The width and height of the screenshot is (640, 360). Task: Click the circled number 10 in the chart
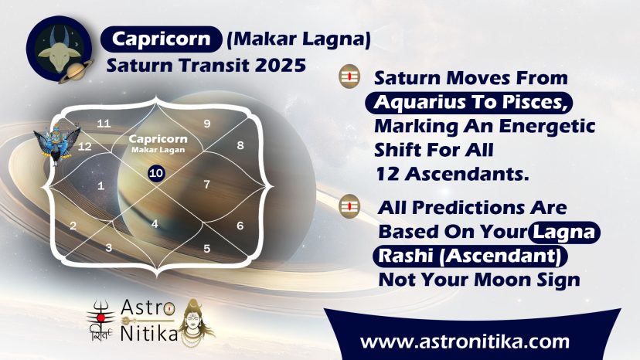(x=156, y=173)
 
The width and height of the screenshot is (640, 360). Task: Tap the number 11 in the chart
(x=104, y=124)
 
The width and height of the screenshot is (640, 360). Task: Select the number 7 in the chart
(x=207, y=185)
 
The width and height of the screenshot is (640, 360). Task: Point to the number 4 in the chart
(x=155, y=224)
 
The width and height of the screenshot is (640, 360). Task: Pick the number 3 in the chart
(x=108, y=248)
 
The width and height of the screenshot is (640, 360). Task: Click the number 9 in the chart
(x=207, y=124)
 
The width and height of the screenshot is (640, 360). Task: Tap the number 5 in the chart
(x=207, y=249)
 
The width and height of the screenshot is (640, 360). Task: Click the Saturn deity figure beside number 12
(x=56, y=143)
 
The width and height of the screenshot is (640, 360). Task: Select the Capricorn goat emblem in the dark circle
(x=60, y=49)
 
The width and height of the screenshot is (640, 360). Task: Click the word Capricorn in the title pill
(x=162, y=39)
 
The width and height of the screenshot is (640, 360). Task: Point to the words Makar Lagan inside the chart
(x=158, y=150)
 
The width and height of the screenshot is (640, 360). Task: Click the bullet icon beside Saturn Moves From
(x=350, y=76)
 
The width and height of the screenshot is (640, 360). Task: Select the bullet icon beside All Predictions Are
(x=349, y=206)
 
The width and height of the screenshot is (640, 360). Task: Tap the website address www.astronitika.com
(x=465, y=341)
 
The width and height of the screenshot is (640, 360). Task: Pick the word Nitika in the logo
(x=149, y=334)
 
